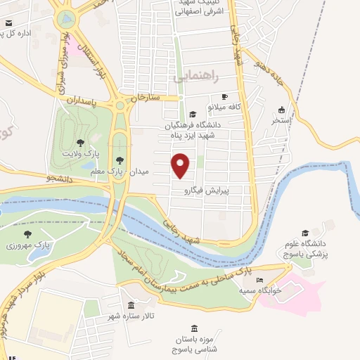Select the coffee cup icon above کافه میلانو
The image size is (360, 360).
224,97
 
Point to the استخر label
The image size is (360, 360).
282,120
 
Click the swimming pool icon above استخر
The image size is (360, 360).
282,110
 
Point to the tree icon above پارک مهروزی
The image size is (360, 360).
28,235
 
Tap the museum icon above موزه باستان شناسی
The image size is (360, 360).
194,328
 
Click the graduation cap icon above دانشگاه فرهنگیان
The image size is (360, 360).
192,115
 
